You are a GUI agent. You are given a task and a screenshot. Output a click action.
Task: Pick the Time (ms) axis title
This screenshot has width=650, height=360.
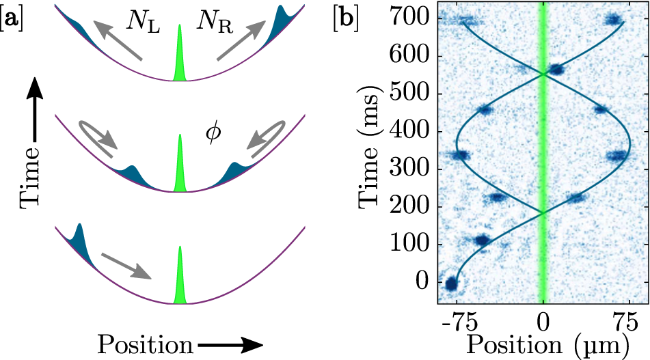[373, 150]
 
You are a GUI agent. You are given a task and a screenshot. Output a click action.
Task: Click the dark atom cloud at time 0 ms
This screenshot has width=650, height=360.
[450, 283]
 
